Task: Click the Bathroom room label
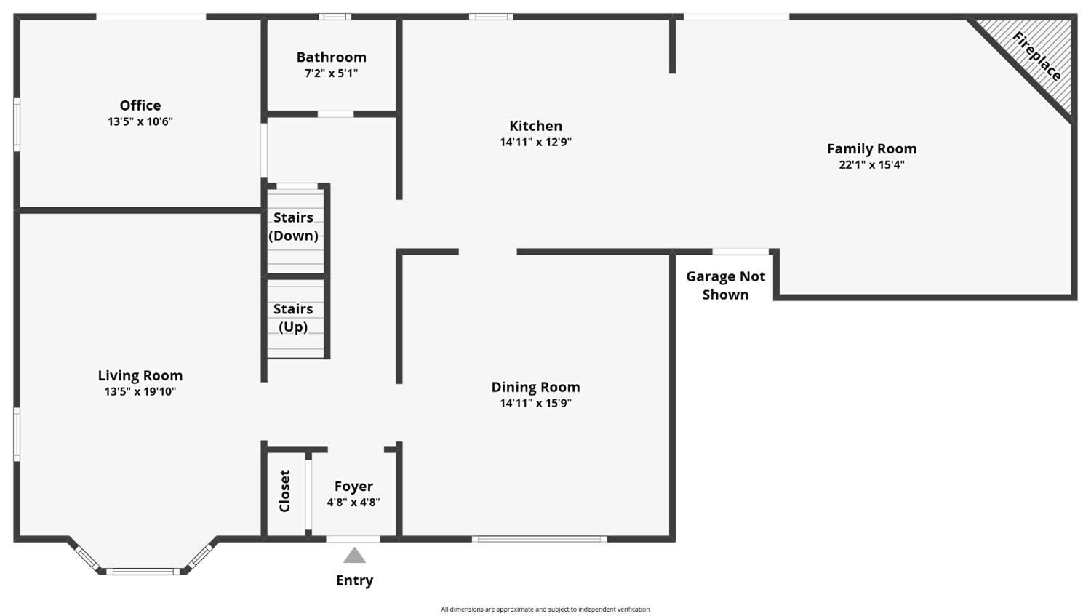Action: (331, 57)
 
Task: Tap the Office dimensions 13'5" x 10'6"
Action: (140, 121)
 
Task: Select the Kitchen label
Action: (536, 126)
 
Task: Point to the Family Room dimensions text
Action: (871, 164)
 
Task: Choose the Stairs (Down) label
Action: (293, 226)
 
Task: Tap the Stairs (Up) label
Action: (293, 318)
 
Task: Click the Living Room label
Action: (140, 375)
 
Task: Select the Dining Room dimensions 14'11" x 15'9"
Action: (535, 403)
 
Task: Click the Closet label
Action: (284, 491)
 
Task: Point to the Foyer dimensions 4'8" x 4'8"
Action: (353, 503)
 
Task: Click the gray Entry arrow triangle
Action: (355, 555)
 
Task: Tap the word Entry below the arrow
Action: (355, 580)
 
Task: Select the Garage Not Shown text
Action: (725, 285)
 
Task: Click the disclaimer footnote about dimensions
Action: (545, 609)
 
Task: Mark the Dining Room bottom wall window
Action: (540, 539)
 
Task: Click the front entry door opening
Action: (353, 539)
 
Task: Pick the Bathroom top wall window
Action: (335, 17)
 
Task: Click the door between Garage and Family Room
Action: (741, 252)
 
